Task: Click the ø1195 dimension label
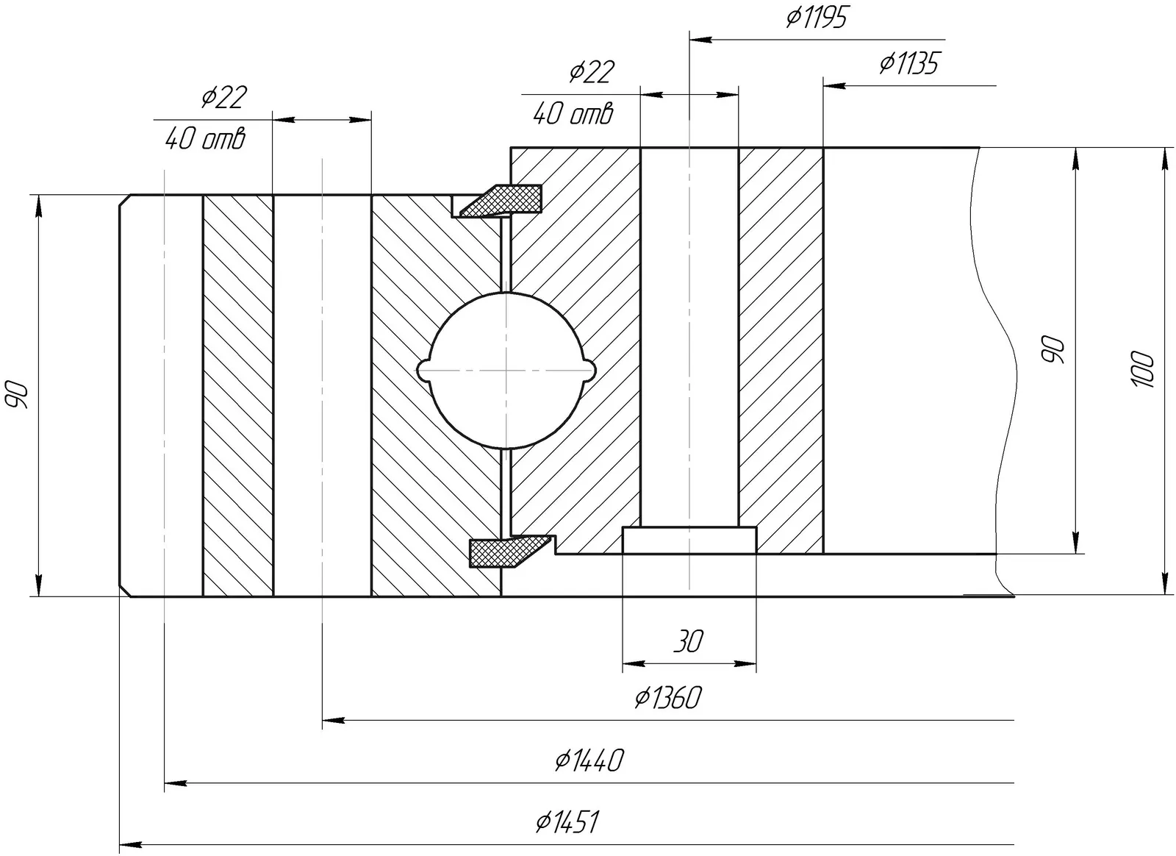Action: (x=816, y=17)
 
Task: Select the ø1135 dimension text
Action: (x=908, y=63)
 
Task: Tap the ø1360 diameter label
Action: (x=668, y=697)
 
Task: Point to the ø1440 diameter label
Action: (x=589, y=760)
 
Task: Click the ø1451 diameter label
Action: (x=567, y=822)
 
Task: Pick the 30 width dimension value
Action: (x=688, y=641)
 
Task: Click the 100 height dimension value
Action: (x=1144, y=370)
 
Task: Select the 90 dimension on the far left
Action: (x=17, y=395)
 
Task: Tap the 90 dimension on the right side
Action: (x=1054, y=350)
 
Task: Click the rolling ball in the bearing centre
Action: (x=506, y=370)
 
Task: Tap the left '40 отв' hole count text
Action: (x=204, y=138)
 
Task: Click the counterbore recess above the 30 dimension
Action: (x=689, y=540)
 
